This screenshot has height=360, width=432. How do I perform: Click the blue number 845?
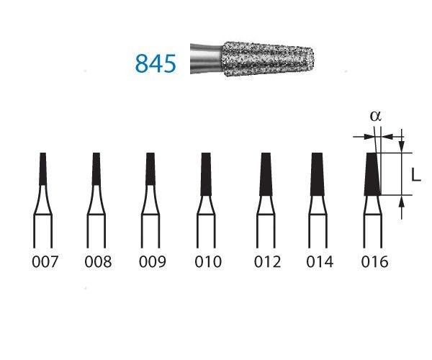(155, 63)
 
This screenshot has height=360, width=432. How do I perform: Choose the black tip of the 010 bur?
(207, 173)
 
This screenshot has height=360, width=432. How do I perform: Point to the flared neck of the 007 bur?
(43, 205)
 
